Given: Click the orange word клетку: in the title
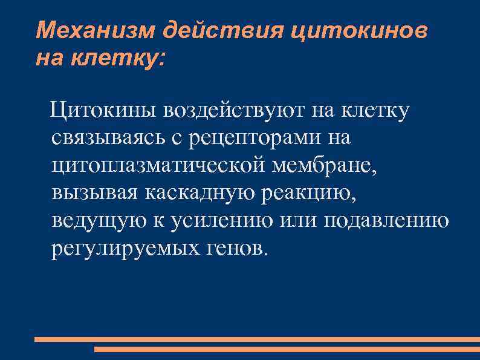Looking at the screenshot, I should click(118, 58).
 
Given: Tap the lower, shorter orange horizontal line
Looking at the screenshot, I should click(287, 349).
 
